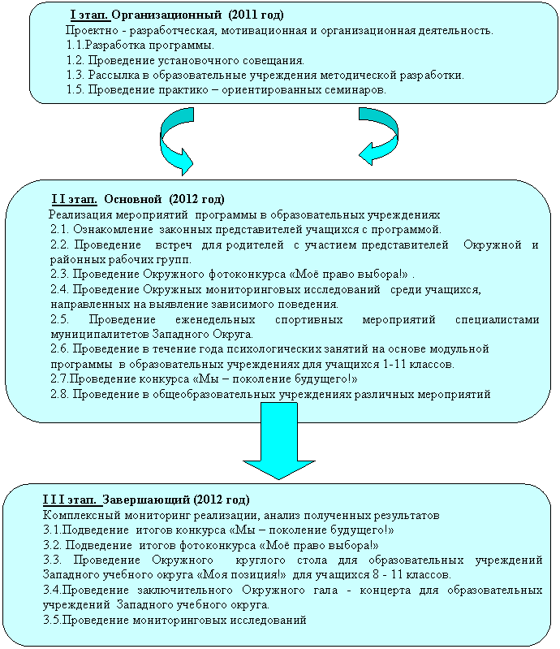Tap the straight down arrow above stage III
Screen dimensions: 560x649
(x=279, y=441)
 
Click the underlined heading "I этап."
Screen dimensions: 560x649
(x=90, y=15)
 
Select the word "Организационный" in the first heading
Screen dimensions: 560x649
(x=166, y=15)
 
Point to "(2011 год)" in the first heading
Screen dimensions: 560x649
(x=256, y=15)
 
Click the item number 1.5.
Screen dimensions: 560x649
(x=75, y=90)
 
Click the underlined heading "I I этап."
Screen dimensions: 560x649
(x=74, y=199)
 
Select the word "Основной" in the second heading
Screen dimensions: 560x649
(x=132, y=199)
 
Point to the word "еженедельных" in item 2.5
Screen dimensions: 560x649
(x=215, y=319)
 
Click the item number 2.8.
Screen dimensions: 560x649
(x=59, y=394)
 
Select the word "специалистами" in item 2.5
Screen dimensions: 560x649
(x=498, y=319)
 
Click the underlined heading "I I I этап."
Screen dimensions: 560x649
(x=72, y=500)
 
